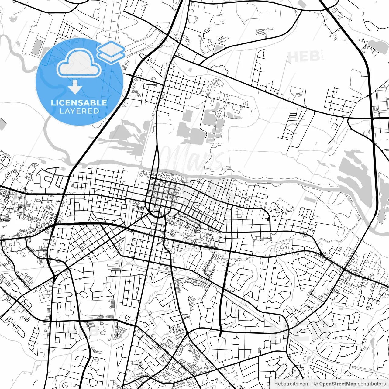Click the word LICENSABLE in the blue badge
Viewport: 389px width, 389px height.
pos(79,103)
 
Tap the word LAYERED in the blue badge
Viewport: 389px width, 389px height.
pos(79,111)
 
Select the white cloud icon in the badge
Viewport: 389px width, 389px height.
pos(79,64)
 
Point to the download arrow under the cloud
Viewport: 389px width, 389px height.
pos(75,88)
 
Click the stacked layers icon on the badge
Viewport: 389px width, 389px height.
pos(111,52)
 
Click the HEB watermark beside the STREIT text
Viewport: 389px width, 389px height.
pos(303,57)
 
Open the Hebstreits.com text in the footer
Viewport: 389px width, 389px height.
pos(292,384)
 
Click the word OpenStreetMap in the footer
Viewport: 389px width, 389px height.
pos(337,384)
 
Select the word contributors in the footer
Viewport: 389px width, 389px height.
pos(372,384)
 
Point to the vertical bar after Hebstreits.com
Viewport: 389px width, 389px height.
pos(312,384)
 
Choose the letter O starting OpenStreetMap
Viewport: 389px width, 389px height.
pos(321,384)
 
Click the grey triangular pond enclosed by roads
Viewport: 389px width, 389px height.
pos(219,48)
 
